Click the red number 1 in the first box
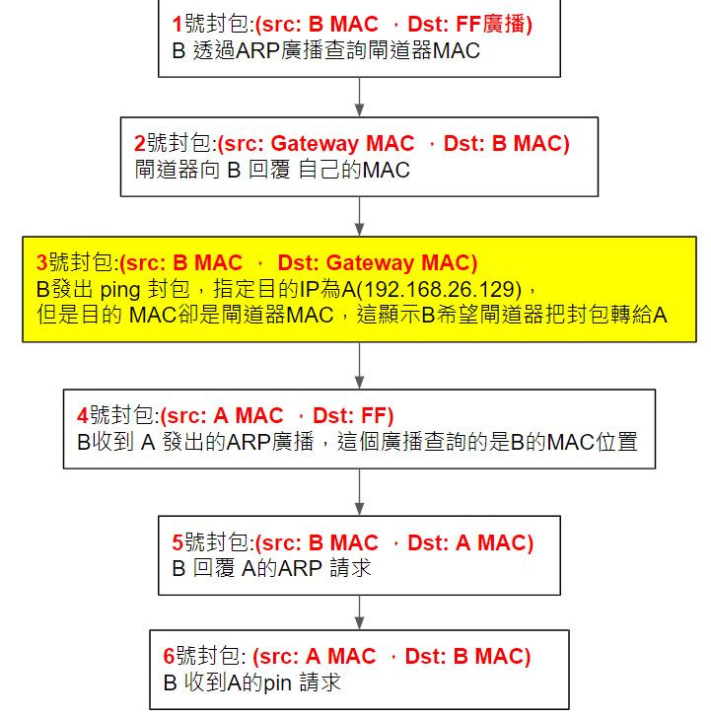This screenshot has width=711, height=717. tap(177, 24)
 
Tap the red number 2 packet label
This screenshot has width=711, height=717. tap(140, 144)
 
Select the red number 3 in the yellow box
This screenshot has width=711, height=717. tap(41, 263)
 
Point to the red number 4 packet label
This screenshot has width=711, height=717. tap(82, 417)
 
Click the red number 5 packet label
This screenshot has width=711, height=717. tap(178, 542)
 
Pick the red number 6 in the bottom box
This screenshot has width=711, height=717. tap(169, 656)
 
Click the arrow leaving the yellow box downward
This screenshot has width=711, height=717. tap(360, 365)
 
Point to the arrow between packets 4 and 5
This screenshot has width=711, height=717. tap(360, 491)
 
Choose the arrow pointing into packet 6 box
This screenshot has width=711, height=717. tap(360, 611)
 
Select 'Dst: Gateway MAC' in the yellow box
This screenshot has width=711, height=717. tap(377, 263)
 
